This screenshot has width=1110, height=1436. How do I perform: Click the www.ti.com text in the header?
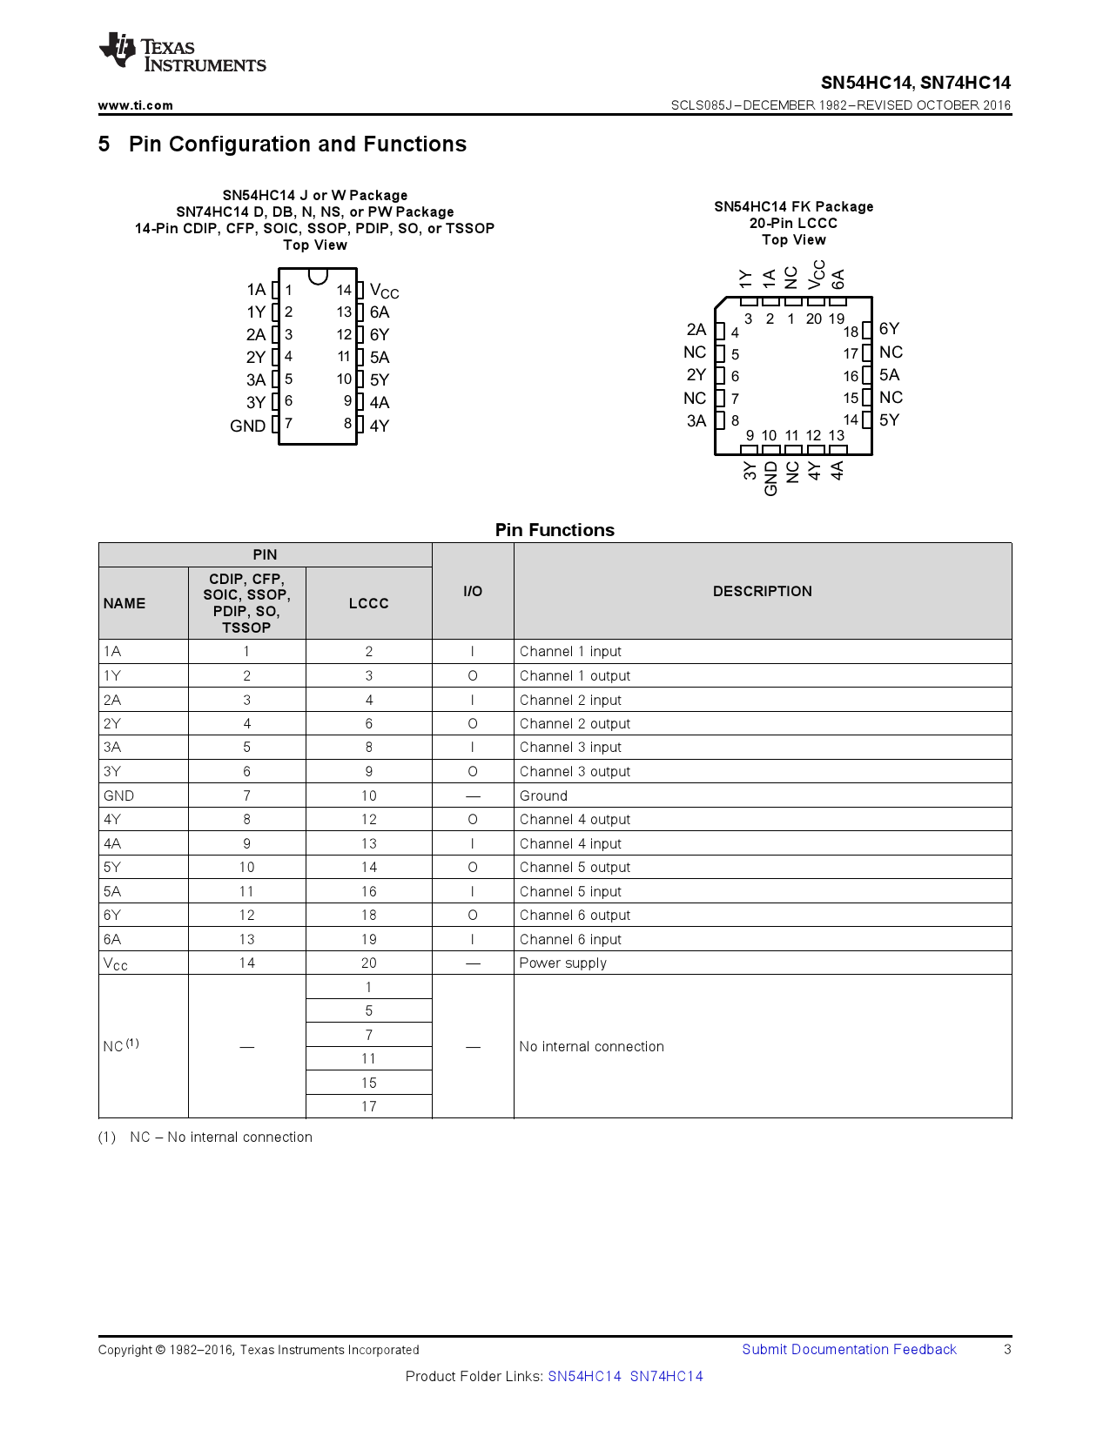135,105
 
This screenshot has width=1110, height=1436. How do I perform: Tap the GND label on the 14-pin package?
247,426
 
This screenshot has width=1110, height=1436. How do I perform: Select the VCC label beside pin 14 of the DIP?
384,291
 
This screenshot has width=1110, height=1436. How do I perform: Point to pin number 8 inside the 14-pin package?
347,424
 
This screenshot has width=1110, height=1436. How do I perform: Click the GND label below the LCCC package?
770,479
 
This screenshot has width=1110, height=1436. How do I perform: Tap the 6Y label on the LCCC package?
889,329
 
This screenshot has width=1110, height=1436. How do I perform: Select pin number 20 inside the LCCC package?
813,319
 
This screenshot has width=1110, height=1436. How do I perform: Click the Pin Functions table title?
555,530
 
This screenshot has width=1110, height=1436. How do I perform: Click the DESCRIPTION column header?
762,591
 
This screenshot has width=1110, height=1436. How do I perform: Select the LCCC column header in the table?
368,603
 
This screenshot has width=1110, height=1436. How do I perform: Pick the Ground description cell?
543,795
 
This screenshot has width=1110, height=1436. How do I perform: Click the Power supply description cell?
562,963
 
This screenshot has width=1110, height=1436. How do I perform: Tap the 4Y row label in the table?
112,819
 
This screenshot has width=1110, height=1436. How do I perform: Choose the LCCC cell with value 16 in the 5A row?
368,891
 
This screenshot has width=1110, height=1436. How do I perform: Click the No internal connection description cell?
591,1046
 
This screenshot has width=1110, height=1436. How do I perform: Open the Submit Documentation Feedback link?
849,1349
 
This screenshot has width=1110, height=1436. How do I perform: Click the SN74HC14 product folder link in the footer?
666,1376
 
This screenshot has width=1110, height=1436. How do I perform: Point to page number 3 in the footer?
1007,1349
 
